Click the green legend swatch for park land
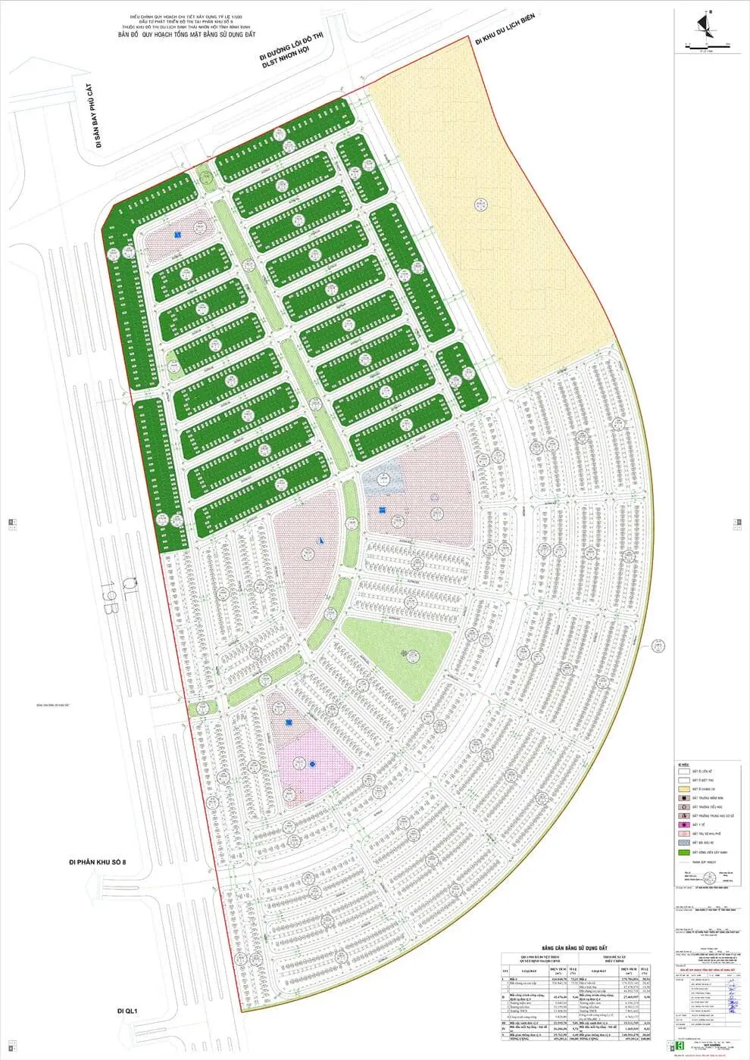(x=683, y=853)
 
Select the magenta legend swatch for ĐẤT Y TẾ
(x=683, y=825)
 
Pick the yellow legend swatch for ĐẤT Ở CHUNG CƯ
(x=683, y=788)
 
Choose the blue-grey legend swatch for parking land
(x=683, y=843)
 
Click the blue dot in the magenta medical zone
(x=312, y=764)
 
